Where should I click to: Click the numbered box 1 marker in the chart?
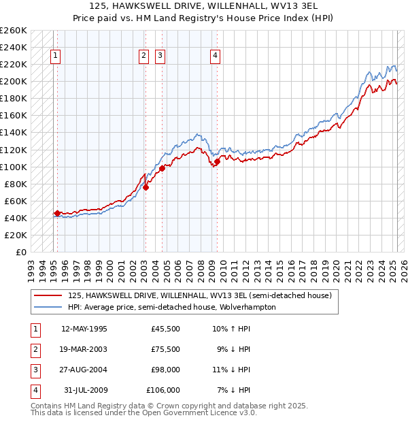(x=54, y=56)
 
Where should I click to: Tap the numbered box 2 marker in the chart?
(x=144, y=56)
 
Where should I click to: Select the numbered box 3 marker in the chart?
(x=160, y=56)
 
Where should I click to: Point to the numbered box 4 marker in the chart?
(x=215, y=56)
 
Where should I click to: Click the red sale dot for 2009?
(x=217, y=161)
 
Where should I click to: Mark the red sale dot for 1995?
(x=57, y=213)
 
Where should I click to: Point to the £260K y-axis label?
(x=14, y=31)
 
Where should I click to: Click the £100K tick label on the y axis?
(x=14, y=167)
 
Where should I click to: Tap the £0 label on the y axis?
(x=20, y=252)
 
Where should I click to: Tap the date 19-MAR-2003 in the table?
(x=84, y=349)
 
